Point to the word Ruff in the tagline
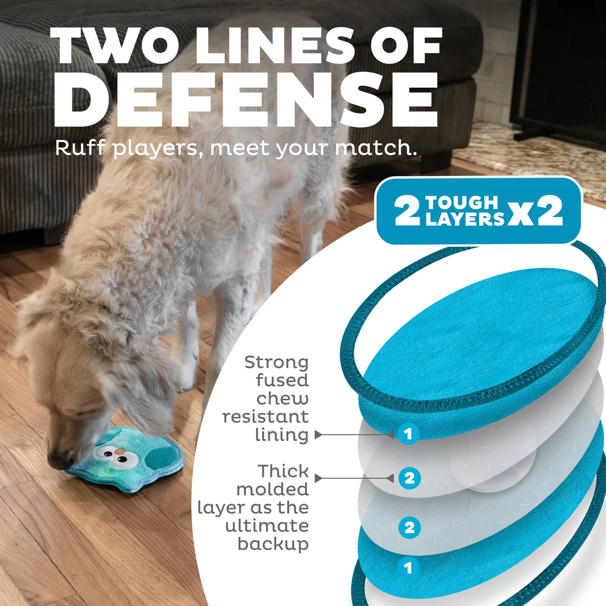click(80, 148)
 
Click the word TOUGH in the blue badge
click(462, 203)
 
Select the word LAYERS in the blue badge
click(465, 219)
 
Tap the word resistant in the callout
click(266, 417)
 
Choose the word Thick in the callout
click(283, 471)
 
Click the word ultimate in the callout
click(267, 526)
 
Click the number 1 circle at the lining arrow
click(408, 434)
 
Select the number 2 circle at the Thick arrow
click(410, 478)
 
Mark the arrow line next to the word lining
click(354, 435)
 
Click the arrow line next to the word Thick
click(354, 478)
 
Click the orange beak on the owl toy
click(120, 451)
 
